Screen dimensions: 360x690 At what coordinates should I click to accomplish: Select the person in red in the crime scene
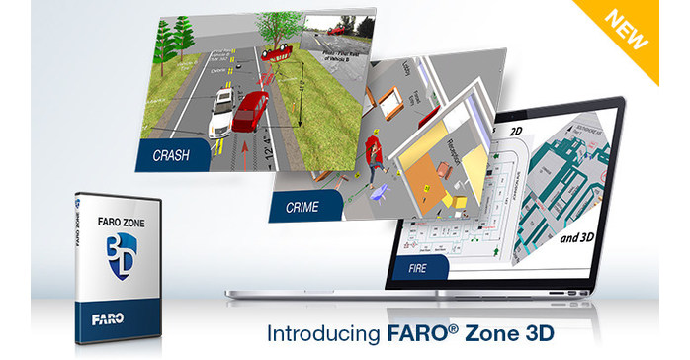pos(372,154)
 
